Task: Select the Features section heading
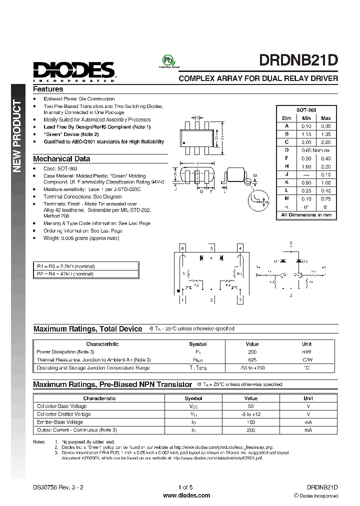[48, 89]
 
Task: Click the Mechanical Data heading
[61, 158]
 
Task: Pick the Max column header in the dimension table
[325, 118]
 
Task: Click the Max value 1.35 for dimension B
[325, 134]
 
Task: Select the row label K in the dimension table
[287, 183]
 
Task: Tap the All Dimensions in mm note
[306, 215]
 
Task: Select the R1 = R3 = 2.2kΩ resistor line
[66, 266]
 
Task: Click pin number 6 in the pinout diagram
[183, 248]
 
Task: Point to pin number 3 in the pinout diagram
[240, 299]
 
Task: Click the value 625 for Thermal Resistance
[252, 359]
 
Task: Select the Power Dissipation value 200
[252, 352]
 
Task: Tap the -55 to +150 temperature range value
[252, 368]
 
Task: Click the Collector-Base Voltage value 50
[251, 406]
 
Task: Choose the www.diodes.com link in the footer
[180, 495]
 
